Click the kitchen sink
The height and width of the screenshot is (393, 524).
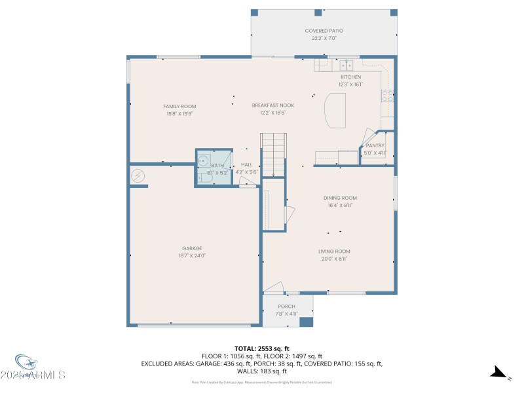346,65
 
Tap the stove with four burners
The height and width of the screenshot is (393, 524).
388,96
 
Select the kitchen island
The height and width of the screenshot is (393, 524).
335,109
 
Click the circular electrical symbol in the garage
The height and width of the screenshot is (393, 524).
138,175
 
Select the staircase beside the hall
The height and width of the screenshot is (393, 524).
274,155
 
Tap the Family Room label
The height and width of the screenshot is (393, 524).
179,106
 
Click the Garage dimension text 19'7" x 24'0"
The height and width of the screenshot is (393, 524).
192,255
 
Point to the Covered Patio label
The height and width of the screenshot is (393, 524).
324,31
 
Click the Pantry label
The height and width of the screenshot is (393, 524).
375,145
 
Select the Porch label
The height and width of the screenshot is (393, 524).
286,306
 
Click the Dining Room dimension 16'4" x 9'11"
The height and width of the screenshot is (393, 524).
340,205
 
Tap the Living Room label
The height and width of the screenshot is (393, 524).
334,251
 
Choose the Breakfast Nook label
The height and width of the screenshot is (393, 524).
272,105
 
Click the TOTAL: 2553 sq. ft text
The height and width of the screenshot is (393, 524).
262,348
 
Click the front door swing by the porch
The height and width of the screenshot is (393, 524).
274,287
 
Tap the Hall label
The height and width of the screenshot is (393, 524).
246,164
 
